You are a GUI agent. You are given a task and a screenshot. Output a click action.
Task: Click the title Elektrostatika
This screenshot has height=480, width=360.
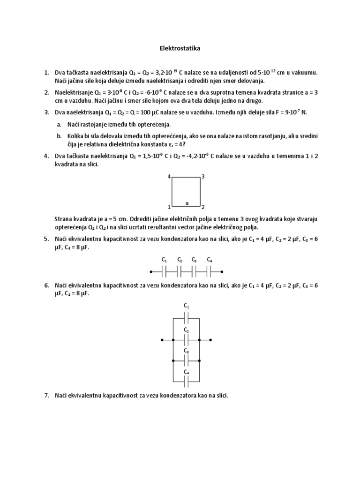[180, 48]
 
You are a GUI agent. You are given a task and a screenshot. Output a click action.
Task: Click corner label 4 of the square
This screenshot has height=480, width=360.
[169, 177]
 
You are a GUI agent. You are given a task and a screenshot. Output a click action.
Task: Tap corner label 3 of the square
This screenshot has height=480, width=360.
[203, 177]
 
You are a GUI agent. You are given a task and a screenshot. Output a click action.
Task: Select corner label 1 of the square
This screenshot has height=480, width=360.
[169, 207]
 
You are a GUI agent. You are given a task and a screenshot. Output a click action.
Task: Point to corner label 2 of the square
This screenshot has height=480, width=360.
[203, 207]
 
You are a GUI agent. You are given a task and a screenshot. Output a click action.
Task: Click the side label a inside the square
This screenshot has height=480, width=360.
[187, 203]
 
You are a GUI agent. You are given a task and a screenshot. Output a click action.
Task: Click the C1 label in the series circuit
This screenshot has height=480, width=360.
[164, 260]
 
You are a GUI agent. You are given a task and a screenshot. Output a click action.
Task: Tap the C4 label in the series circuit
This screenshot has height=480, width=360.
[210, 260]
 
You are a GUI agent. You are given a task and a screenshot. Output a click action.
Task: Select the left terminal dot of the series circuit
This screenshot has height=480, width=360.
[150, 271]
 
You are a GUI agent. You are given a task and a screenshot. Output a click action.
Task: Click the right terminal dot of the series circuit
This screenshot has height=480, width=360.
[222, 271]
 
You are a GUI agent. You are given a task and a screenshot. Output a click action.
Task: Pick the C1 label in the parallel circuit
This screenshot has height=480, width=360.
[186, 306]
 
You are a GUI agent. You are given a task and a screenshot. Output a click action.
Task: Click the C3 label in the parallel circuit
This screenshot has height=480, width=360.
[186, 351]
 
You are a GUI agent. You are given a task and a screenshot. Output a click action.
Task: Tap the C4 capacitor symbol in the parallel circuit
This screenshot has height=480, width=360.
[186, 382]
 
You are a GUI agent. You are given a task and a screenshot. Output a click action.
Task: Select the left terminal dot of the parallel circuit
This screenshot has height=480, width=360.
[161, 339]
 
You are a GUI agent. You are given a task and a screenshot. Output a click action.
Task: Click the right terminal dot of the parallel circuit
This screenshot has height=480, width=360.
[212, 339]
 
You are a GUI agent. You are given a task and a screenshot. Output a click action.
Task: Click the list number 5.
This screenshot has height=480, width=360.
[46, 239]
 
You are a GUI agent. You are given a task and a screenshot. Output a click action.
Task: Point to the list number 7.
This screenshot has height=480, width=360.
[46, 396]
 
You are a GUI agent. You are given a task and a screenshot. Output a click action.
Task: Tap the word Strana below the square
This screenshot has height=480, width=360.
[64, 219]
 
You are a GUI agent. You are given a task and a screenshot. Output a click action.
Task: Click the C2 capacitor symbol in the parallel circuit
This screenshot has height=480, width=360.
[186, 339]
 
